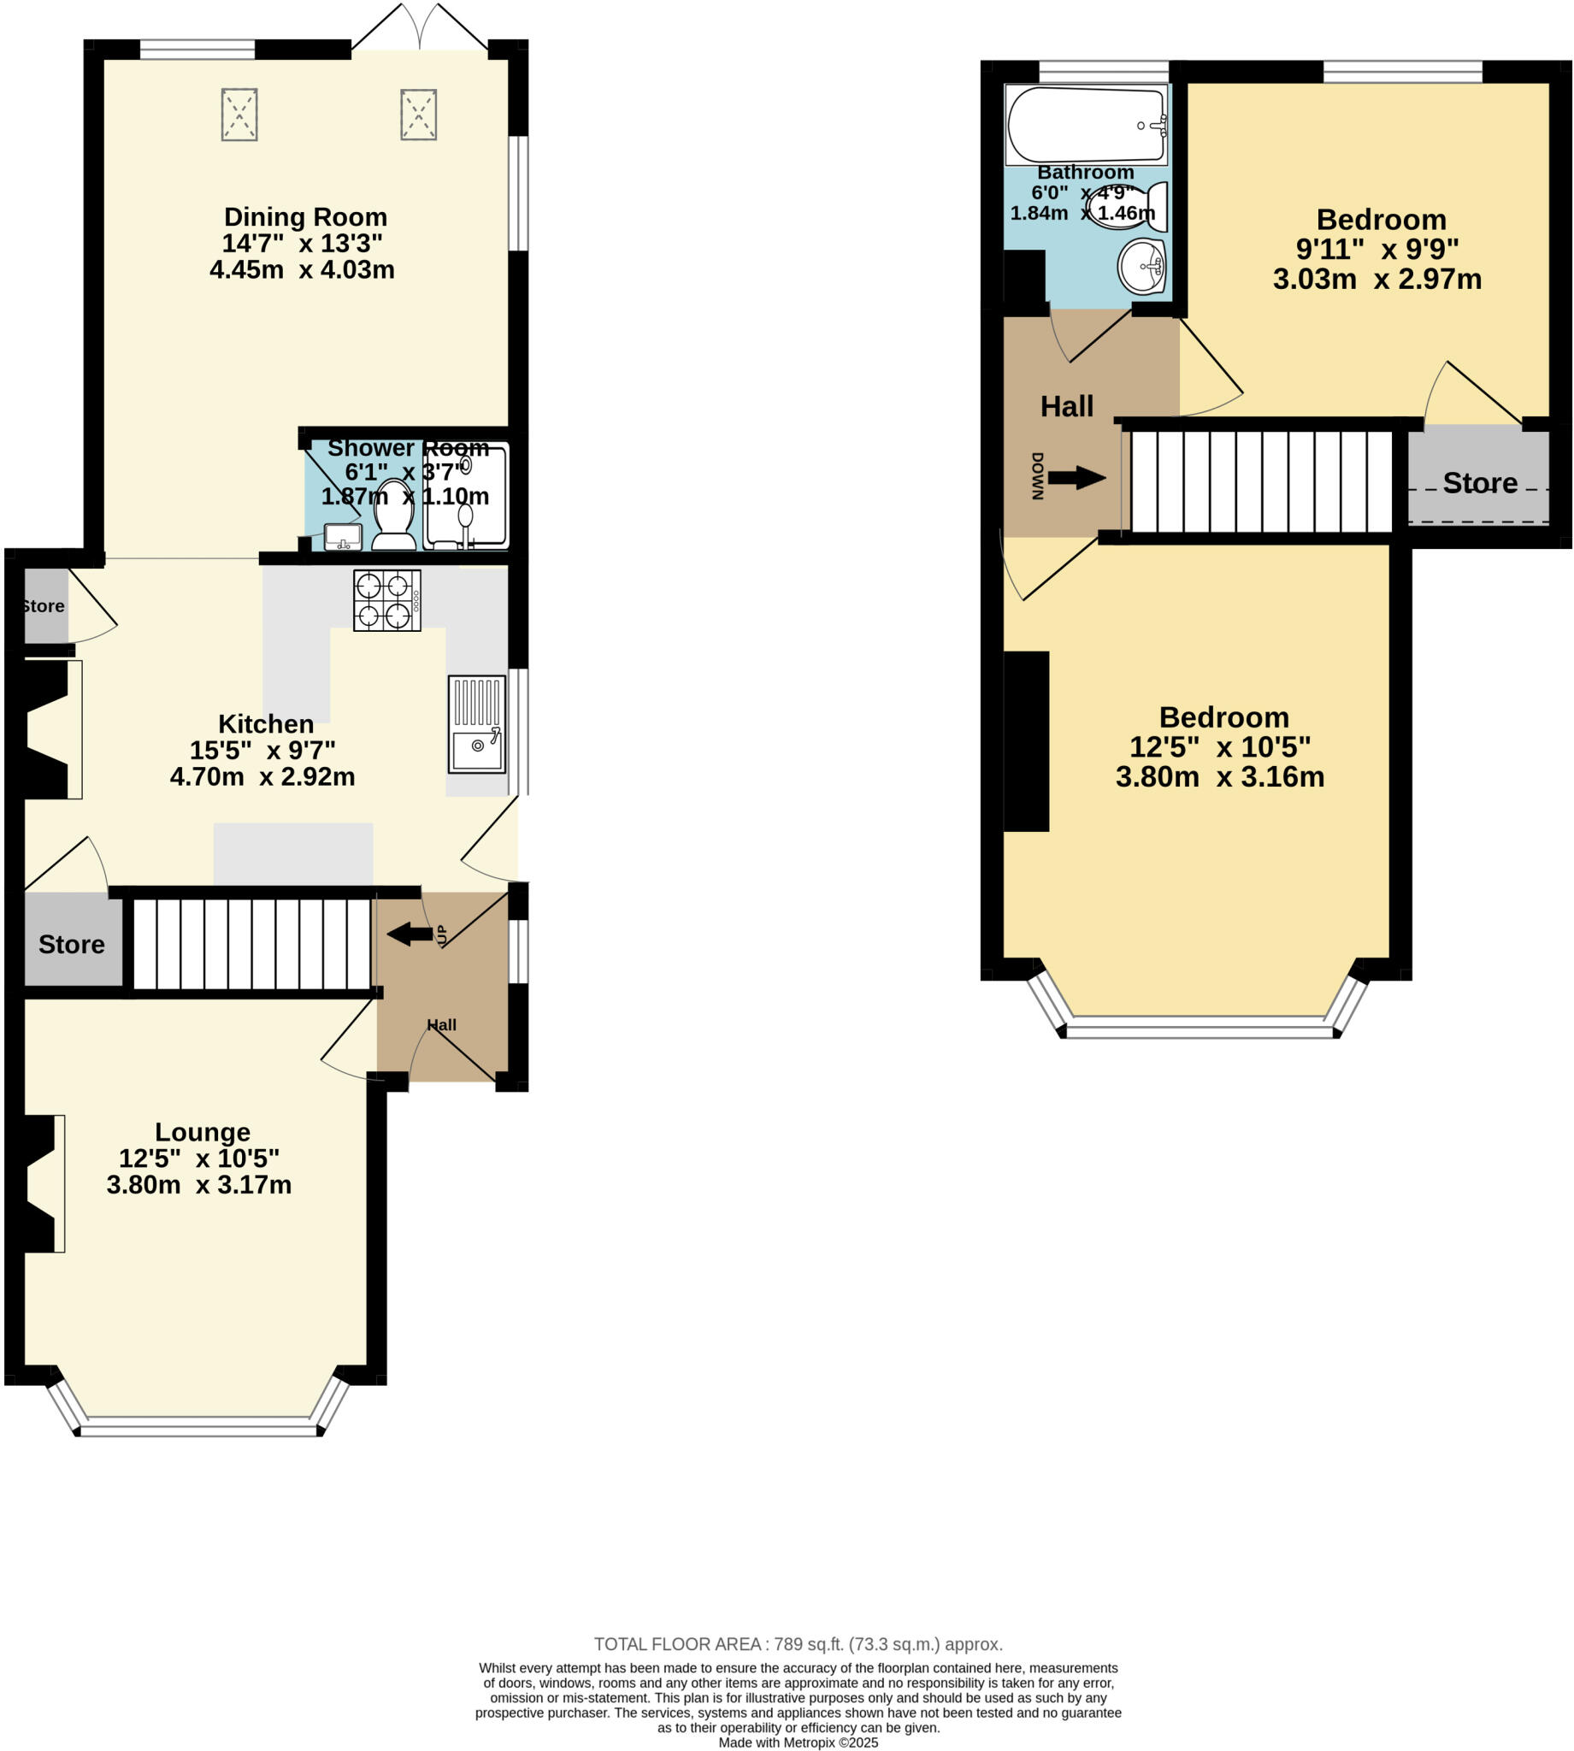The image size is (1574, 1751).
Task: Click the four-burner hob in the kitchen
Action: (386, 600)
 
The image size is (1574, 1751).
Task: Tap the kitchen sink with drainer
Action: (476, 724)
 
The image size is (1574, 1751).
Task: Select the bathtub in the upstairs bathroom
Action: (1086, 125)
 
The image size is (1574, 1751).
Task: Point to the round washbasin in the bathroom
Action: (1141, 265)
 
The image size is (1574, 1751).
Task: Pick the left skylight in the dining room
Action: (239, 114)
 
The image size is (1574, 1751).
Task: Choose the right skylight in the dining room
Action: (419, 114)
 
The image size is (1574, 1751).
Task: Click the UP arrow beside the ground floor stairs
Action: (410, 934)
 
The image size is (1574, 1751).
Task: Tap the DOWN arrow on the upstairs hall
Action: (1076, 477)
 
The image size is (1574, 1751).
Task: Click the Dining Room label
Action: (305, 217)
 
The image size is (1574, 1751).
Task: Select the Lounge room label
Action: (203, 1132)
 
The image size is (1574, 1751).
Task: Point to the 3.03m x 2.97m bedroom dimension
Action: (1377, 280)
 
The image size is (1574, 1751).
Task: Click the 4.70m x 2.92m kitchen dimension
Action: (262, 776)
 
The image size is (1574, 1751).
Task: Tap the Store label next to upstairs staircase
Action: (1480, 482)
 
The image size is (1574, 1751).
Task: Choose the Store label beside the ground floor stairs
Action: (72, 944)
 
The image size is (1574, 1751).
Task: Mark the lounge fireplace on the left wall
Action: (42, 1184)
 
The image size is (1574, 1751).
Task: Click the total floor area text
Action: (798, 1645)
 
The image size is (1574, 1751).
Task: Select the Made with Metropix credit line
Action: (798, 1742)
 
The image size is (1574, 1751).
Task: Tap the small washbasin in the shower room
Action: (343, 536)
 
